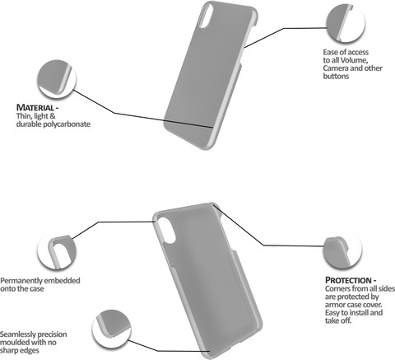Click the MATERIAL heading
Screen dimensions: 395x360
(35, 108)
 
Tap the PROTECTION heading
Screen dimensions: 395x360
(348, 280)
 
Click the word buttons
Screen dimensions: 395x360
(336, 76)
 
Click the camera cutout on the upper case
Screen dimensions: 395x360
(207, 16)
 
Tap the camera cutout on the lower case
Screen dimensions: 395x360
(167, 231)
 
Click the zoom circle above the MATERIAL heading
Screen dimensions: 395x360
(57, 79)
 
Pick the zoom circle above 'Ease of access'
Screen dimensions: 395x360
(346, 23)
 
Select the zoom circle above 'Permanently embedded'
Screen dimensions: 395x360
(57, 250)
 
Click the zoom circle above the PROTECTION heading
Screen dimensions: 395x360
(342, 250)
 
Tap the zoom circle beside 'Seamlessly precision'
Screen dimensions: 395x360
(111, 330)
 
